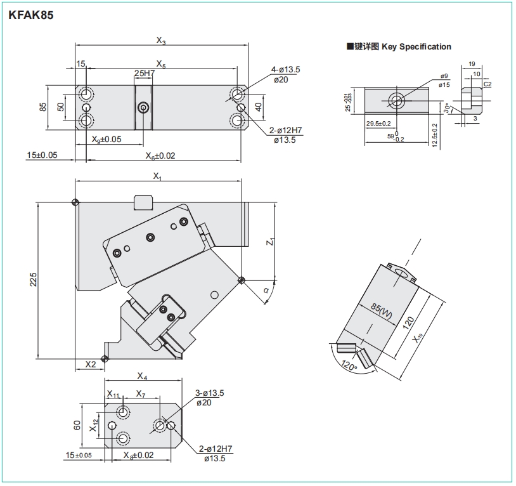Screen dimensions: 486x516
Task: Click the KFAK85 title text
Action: (35, 16)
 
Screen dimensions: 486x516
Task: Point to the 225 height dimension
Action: (34, 280)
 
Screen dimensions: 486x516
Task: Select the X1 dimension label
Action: (158, 177)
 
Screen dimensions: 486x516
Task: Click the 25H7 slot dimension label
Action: (145, 74)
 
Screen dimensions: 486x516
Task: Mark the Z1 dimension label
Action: (269, 242)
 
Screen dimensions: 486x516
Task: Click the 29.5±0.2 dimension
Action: (378, 124)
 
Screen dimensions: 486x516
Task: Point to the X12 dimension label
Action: (94, 425)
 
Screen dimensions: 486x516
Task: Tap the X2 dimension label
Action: (91, 364)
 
